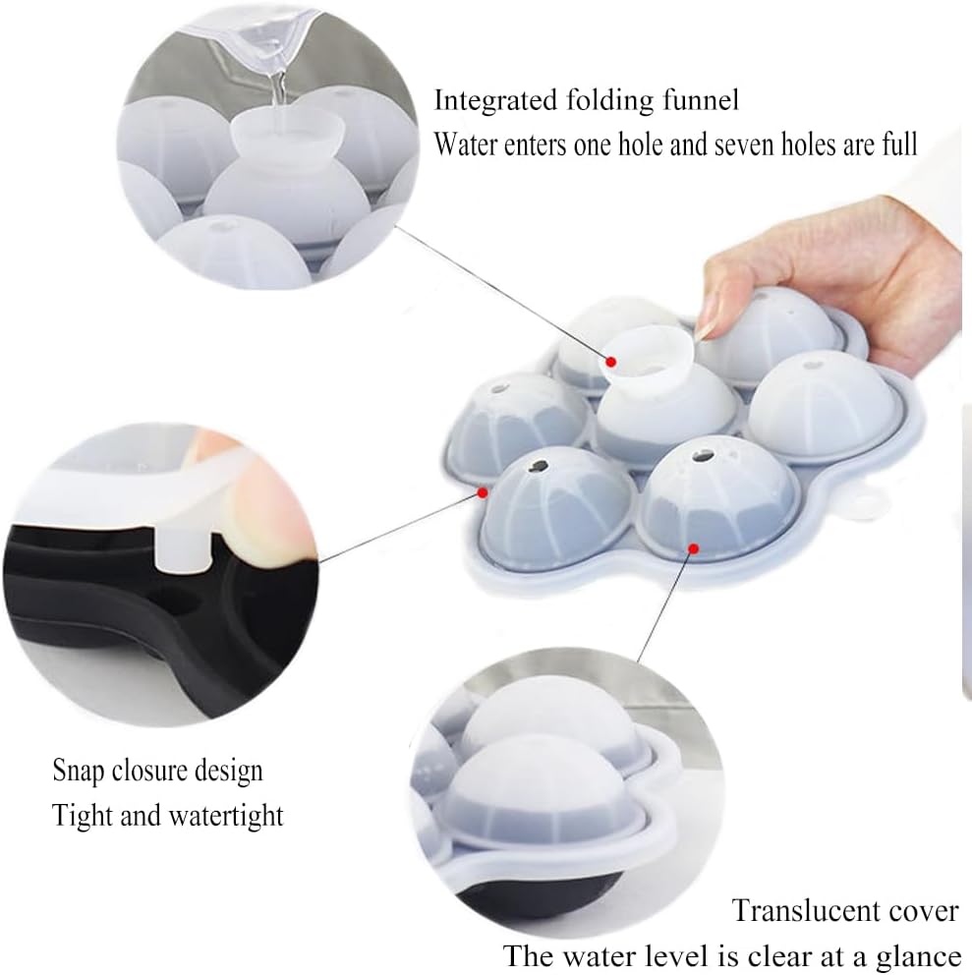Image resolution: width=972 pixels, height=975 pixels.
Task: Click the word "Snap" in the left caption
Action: click(77, 771)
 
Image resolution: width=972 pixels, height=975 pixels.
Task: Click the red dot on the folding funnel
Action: click(611, 362)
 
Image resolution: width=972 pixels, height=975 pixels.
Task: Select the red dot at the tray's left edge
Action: click(482, 492)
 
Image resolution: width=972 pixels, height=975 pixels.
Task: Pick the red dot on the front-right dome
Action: click(694, 547)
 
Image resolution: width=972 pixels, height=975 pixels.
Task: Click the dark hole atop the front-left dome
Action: click(539, 466)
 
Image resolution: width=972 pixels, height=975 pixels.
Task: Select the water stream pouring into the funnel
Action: click(278, 92)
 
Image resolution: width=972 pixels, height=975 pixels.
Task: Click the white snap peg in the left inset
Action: click(182, 547)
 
